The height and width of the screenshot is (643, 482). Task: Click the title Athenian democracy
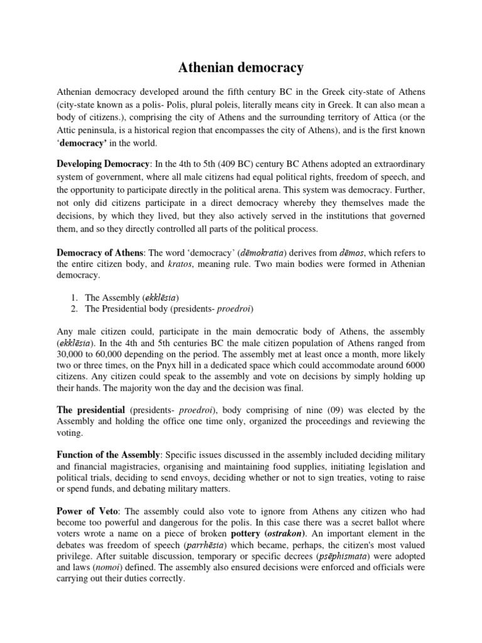coord(241,67)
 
